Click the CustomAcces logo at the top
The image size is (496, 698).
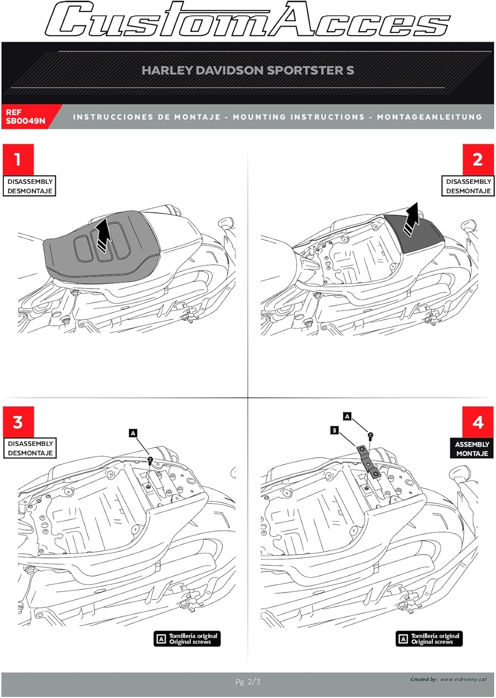click(x=248, y=20)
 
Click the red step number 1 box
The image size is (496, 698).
click(x=18, y=159)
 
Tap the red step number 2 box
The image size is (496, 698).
click(x=477, y=159)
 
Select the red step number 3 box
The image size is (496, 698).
click(x=18, y=422)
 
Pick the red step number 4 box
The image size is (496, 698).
click(x=477, y=422)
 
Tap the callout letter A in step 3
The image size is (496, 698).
click(x=133, y=433)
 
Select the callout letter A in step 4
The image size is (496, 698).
click(x=347, y=416)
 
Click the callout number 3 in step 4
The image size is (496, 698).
click(x=334, y=430)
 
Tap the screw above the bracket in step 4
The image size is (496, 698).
click(x=370, y=436)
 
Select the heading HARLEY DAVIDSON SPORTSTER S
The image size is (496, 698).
click(x=248, y=70)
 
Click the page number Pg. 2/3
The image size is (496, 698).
click(x=248, y=682)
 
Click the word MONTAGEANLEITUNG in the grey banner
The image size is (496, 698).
click(x=430, y=117)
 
